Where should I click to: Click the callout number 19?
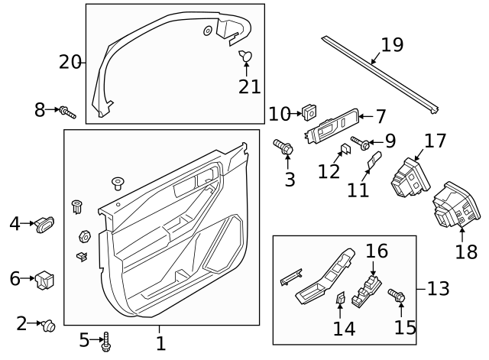tap(391, 45)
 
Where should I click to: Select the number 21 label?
tap(249, 86)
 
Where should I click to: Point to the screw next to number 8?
tap(67, 112)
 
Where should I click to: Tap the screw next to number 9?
tap(361, 142)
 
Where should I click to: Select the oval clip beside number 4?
tap(45, 224)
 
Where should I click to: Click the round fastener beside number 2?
tap(48, 326)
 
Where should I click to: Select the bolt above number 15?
tap(397, 296)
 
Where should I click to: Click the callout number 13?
tap(438, 289)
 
